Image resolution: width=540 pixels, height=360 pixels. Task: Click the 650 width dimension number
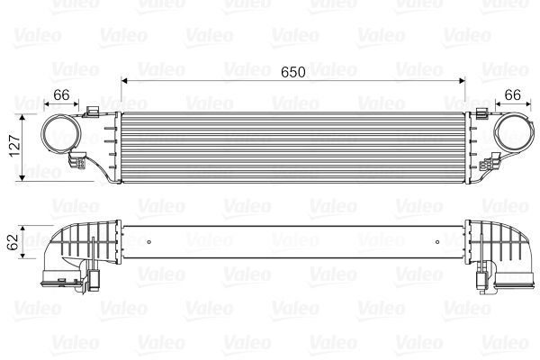(x=293, y=70)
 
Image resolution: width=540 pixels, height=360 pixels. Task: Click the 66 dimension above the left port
(x=61, y=94)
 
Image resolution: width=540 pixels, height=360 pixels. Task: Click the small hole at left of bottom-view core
(x=147, y=241)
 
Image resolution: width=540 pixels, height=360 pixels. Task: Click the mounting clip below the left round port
(x=80, y=164)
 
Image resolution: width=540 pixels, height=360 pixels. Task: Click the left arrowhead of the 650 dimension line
(x=124, y=81)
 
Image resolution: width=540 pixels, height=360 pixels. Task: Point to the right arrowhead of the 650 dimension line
(x=461, y=81)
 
